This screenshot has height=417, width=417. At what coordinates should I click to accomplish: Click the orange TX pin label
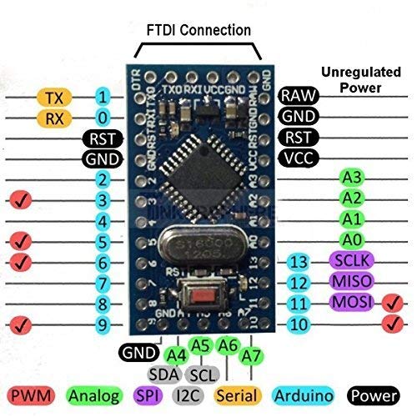coord(54,98)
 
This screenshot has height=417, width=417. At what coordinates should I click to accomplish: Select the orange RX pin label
coord(54,118)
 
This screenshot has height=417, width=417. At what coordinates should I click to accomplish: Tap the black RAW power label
coord(298,96)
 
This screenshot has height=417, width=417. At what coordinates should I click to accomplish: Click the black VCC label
coord(298,156)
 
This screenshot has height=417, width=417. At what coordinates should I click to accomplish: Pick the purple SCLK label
coord(351,261)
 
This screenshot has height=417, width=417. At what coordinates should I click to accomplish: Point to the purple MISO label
coord(351,282)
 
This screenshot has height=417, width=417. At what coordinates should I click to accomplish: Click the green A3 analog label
coord(351,177)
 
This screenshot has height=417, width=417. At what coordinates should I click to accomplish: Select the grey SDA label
coord(164,374)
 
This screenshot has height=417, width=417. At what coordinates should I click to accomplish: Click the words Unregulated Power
coord(364,79)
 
